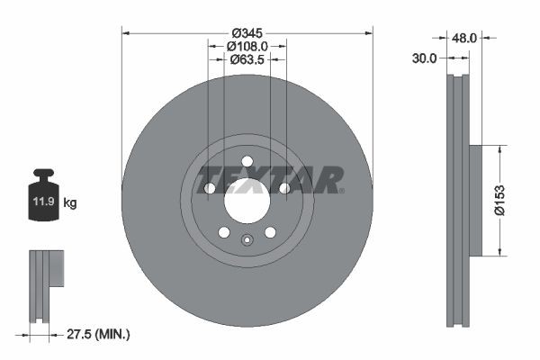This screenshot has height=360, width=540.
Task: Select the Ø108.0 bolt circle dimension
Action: (x=247, y=45)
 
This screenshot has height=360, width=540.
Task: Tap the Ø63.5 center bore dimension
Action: (x=247, y=59)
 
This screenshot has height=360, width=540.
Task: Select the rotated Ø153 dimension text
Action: (x=510, y=199)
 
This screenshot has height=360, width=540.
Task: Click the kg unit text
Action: (x=70, y=203)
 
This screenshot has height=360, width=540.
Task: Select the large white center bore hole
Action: (x=247, y=202)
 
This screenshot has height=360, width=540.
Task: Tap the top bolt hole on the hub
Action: (x=247, y=162)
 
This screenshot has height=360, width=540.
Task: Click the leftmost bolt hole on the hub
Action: (x=210, y=188)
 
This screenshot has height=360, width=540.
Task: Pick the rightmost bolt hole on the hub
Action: (x=284, y=188)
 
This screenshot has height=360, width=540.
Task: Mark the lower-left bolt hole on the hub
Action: (x=224, y=232)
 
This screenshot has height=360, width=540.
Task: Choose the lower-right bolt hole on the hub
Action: (x=270, y=232)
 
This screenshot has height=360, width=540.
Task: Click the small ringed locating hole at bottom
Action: (x=247, y=239)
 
